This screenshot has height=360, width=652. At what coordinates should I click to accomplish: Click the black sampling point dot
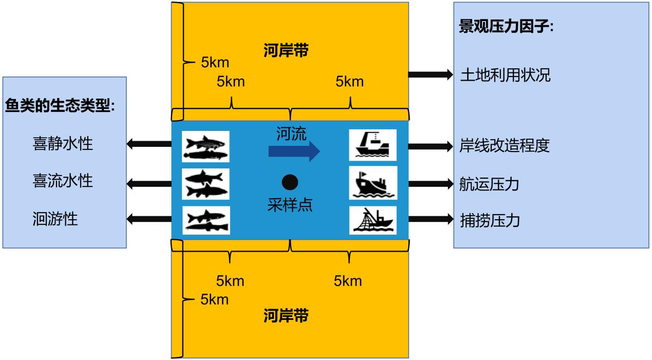[290, 182]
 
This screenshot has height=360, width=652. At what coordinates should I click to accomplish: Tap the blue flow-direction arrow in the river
[294, 151]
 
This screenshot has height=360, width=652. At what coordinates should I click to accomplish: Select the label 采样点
[290, 205]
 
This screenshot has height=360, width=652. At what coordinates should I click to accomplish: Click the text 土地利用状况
[505, 75]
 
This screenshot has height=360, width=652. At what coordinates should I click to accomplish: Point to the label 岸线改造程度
[505, 146]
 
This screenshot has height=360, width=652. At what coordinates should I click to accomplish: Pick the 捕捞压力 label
[490, 220]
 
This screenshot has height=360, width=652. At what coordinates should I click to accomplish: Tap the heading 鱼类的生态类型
[60, 106]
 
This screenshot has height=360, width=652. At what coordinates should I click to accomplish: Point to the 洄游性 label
[55, 219]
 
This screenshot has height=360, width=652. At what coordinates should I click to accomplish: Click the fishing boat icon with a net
[373, 220]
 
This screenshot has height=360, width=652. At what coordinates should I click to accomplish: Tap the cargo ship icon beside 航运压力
[373, 183]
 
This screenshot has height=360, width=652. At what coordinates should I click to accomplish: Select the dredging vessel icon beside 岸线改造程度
[373, 145]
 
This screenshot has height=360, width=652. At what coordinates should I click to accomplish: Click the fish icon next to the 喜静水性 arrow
[206, 146]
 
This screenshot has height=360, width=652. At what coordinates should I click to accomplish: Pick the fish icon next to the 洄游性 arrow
[206, 220]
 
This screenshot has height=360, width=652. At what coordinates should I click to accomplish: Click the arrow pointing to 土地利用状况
[431, 74]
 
